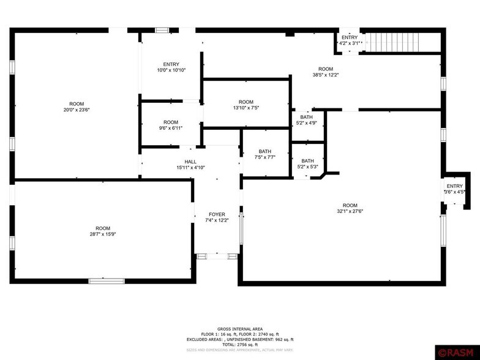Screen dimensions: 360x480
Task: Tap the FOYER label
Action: [x=217, y=214]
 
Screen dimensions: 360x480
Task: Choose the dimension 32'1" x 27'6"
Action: [x=350, y=212]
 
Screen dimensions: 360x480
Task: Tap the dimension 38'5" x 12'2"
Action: [x=325, y=75]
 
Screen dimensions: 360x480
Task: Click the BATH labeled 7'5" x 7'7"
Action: [x=265, y=155]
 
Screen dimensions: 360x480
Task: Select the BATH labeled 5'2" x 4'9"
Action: [x=306, y=120]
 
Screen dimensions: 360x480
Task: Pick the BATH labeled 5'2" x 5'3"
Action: [x=307, y=164]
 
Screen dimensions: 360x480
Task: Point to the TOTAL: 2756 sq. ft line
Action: [x=239, y=345]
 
